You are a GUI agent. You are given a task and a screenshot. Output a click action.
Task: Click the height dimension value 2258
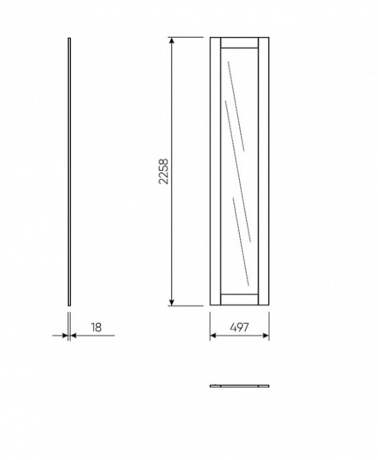[x=163, y=171]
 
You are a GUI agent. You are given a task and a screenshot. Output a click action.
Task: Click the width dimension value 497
[x=239, y=327]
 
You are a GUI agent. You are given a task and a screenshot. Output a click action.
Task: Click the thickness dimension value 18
[x=96, y=327]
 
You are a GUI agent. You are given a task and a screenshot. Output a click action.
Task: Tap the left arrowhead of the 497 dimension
[x=213, y=336]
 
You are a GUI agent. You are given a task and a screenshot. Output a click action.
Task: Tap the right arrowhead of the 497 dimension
[x=265, y=336]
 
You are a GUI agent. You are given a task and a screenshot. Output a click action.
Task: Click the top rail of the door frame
[x=239, y=42]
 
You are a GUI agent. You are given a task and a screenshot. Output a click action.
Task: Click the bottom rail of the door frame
[x=239, y=299]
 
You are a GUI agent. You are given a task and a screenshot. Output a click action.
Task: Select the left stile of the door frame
[x=216, y=171]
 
